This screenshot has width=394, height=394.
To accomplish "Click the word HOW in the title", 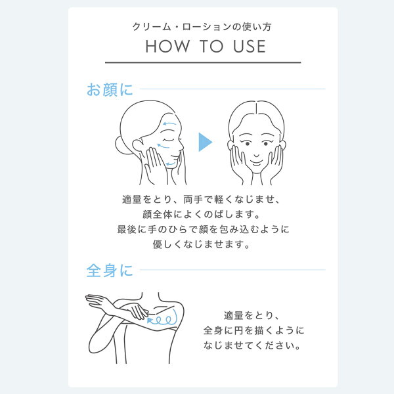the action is (x=167, y=46).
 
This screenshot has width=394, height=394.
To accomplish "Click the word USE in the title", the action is (x=250, y=46).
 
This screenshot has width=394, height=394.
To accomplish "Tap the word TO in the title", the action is (x=211, y=46).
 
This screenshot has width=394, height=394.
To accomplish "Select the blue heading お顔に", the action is (x=110, y=90).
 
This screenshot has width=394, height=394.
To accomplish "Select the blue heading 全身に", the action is (x=110, y=271).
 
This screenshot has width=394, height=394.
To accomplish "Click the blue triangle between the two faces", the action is (x=205, y=142).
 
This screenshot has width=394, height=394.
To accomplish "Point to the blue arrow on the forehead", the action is (x=169, y=123).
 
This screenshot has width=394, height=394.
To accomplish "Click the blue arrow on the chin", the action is (x=170, y=164).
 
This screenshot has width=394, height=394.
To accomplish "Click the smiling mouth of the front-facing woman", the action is (x=256, y=164).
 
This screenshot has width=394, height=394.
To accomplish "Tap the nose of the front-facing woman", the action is (x=256, y=154).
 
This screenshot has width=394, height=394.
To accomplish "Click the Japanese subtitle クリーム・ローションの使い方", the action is (x=202, y=27).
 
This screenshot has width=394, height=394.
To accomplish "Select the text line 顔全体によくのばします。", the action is (x=202, y=214).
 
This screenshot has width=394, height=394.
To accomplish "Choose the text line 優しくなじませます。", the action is (x=202, y=244).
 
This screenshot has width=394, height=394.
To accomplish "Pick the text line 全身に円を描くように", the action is (x=253, y=330).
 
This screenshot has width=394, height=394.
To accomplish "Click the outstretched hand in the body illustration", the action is (x=95, y=299).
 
